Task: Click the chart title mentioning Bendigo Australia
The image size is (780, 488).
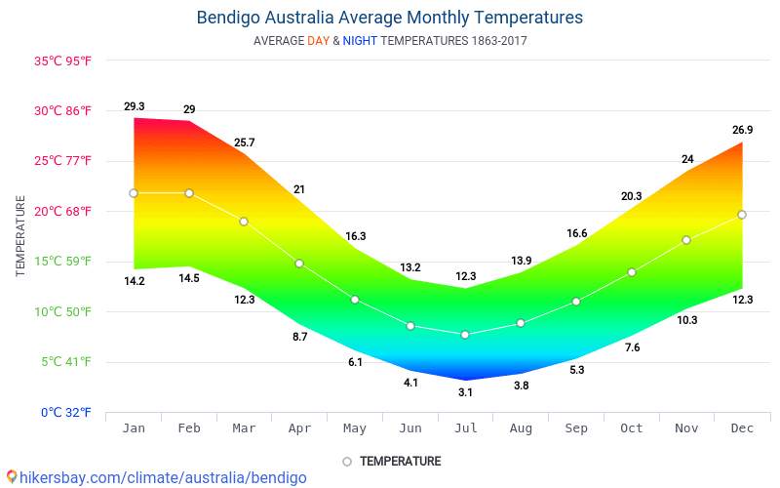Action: (x=390, y=18)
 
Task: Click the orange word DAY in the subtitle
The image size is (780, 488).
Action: (x=318, y=41)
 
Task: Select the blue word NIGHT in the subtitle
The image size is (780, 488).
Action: (x=360, y=41)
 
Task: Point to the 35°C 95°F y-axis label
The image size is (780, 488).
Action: (x=63, y=61)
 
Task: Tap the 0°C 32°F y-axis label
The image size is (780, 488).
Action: (x=66, y=412)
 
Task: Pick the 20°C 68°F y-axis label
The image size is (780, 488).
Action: (x=63, y=211)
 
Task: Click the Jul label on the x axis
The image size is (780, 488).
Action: (x=465, y=427)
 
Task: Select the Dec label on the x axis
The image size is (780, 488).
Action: (x=742, y=427)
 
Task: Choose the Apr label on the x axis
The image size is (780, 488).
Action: (x=299, y=427)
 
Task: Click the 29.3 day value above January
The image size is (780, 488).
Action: (x=135, y=106)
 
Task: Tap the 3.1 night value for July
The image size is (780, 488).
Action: (x=465, y=392)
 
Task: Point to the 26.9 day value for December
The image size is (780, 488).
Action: (x=743, y=130)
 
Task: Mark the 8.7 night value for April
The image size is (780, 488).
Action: (x=299, y=337)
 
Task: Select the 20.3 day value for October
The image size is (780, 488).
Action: (x=632, y=196)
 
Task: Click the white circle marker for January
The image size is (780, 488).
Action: (x=134, y=193)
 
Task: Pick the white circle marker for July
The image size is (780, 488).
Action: (x=465, y=335)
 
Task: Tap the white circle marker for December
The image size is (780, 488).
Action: (x=742, y=215)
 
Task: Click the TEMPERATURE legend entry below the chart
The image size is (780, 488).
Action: (x=392, y=461)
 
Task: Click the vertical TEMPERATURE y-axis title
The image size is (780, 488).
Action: (x=20, y=235)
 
